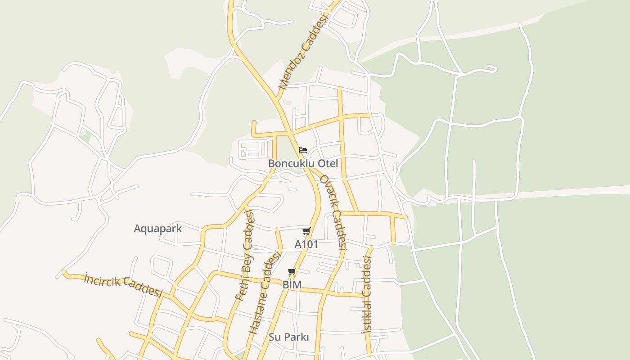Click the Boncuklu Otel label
click(303, 163)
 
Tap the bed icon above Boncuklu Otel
click(303, 150)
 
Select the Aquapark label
click(158, 228)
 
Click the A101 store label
click(306, 244)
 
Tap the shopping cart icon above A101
click(306, 231)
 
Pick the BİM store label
click(292, 285)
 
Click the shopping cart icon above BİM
click(292, 272)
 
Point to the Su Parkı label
click(289, 337)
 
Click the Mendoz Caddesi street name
click(304, 50)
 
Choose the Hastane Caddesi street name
click(265, 293)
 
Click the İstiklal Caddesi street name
click(367, 295)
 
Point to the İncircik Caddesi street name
click(123, 285)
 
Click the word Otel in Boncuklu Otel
click(328, 163)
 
